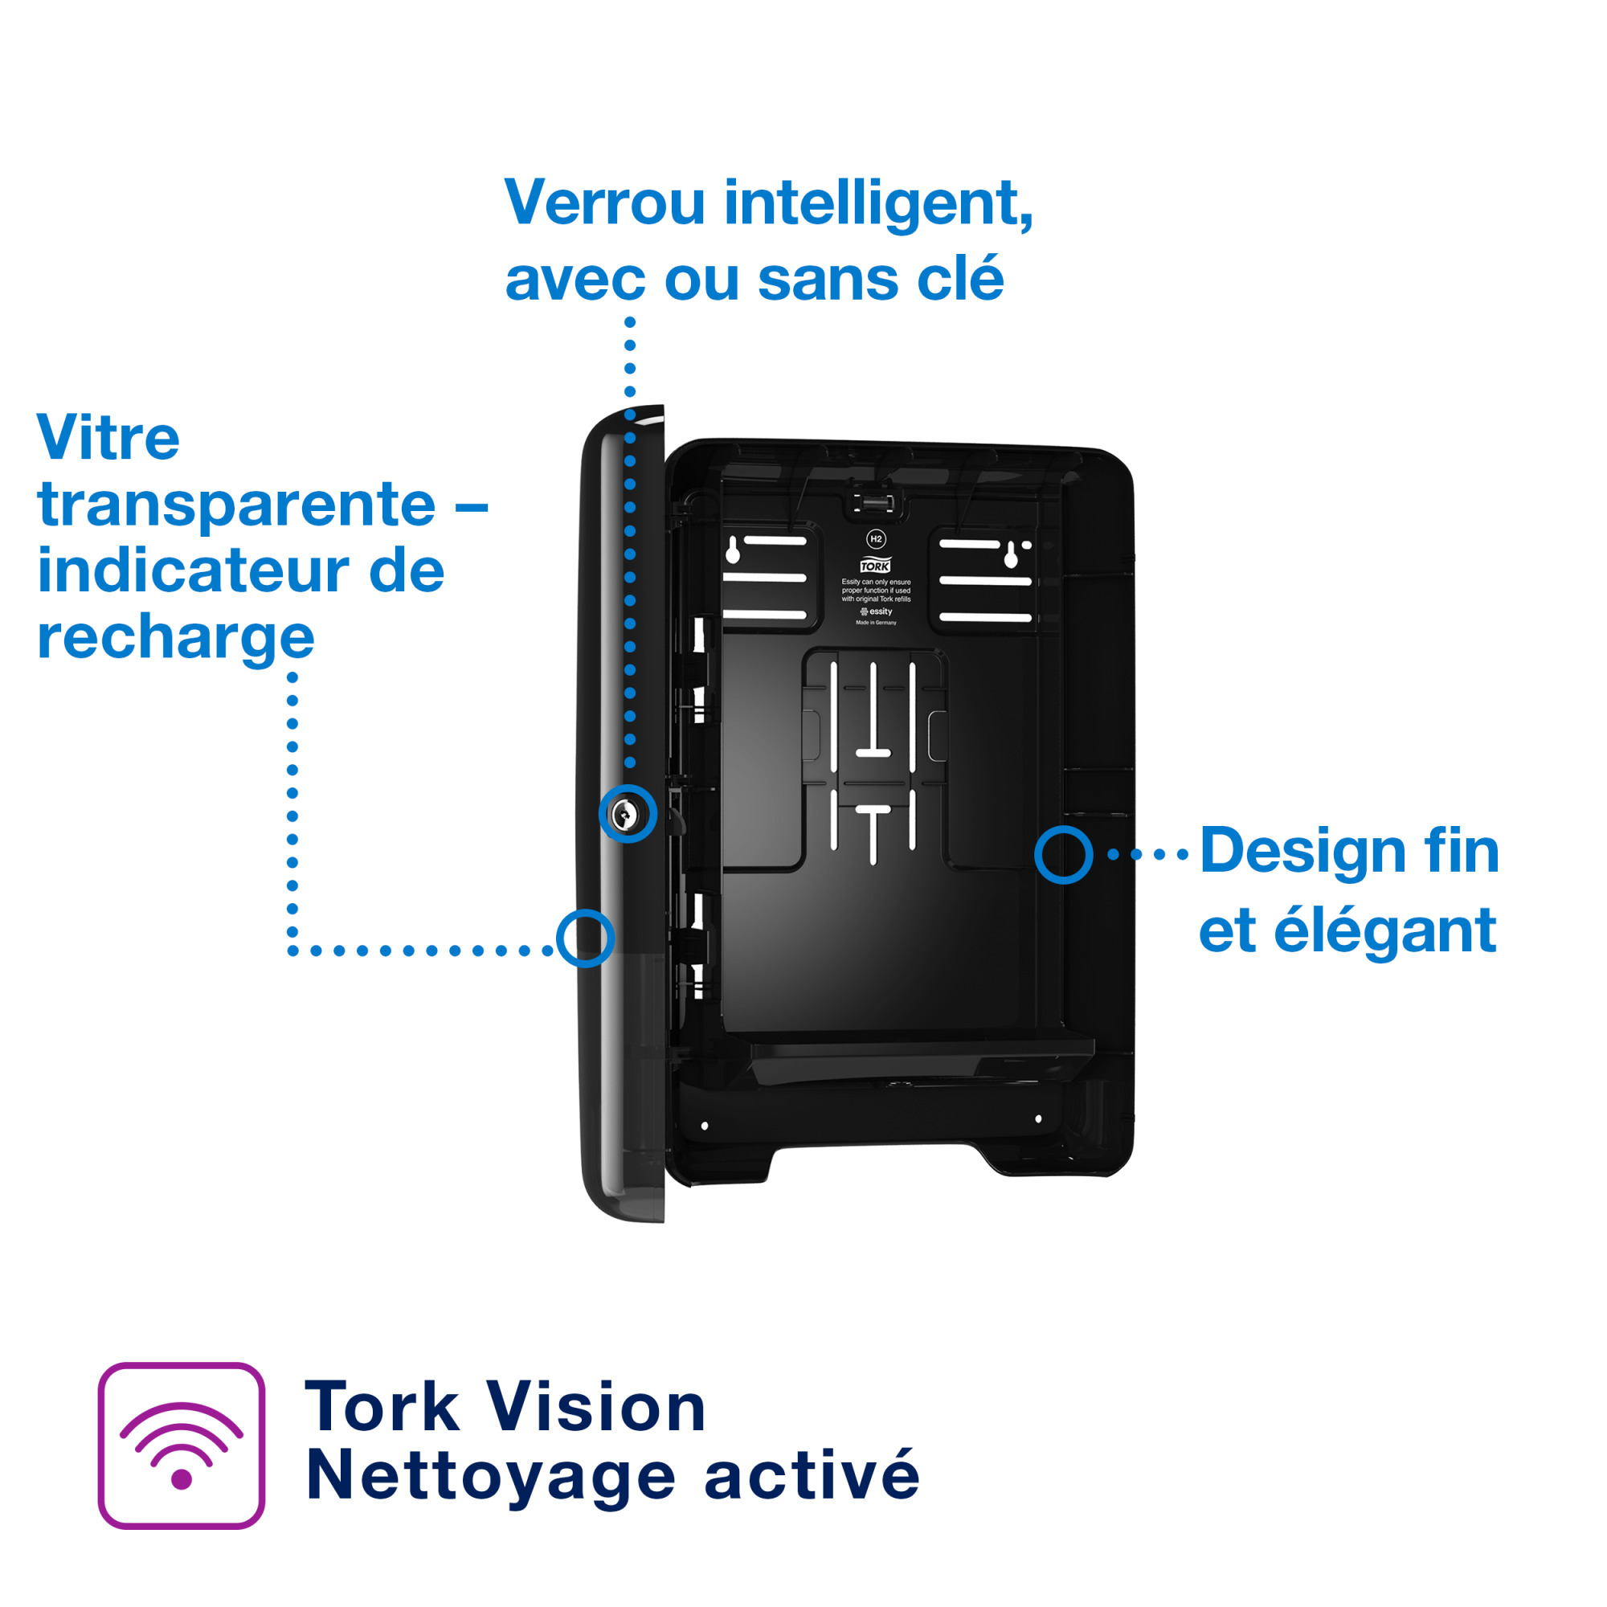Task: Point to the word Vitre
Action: point(108,438)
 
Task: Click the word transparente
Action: point(236,504)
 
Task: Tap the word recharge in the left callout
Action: point(175,638)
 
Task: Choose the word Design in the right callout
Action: point(1302,850)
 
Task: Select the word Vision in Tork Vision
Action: point(596,1408)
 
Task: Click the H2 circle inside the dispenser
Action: point(875,539)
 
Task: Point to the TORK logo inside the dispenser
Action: point(875,566)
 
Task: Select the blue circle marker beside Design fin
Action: point(1063,854)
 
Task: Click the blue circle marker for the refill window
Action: point(585,938)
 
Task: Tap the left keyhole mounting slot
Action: point(733,550)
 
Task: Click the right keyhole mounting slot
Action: point(1011,554)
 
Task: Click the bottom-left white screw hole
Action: point(705,1127)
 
